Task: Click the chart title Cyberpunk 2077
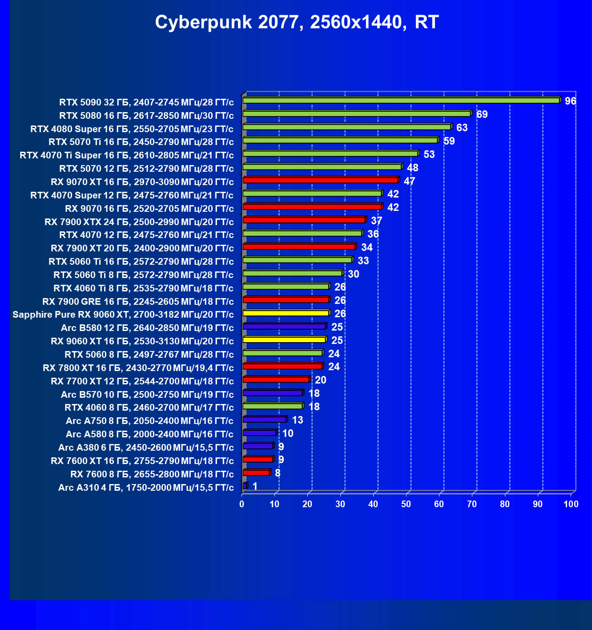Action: click(297, 22)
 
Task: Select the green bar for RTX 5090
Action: click(400, 101)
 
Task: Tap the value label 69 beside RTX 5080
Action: click(482, 114)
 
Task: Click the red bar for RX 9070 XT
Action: click(320, 180)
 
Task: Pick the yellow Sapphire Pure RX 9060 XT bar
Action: click(286, 313)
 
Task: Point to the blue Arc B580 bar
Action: click(284, 327)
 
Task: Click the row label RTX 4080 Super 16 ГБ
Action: click(132, 129)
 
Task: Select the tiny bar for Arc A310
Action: click(245, 486)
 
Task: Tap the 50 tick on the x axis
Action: click(406, 504)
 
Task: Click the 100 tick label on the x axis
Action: click(571, 504)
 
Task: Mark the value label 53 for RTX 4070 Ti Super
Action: click(429, 154)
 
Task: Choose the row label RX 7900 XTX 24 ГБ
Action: click(139, 222)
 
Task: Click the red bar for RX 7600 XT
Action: click(258, 459)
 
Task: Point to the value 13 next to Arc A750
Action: click(298, 420)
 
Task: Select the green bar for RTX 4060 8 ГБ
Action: click(273, 406)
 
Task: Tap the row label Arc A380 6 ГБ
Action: click(146, 448)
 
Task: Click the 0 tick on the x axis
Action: click(242, 504)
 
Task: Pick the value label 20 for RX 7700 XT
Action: click(320, 380)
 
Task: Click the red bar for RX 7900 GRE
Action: click(286, 300)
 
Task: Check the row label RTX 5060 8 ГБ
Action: click(149, 355)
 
